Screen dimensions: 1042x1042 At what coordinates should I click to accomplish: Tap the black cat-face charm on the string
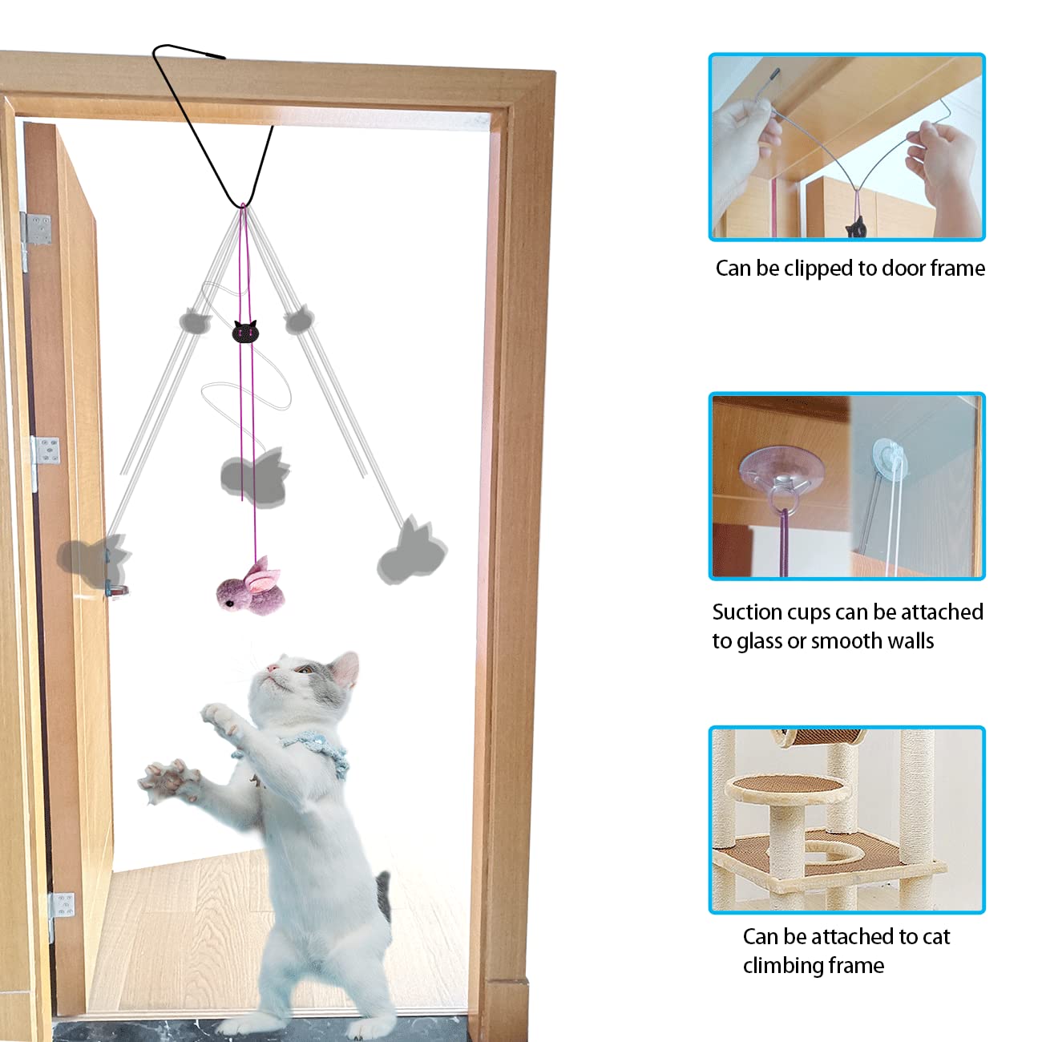(x=245, y=331)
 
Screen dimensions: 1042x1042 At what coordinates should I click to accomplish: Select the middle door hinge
(x=46, y=451)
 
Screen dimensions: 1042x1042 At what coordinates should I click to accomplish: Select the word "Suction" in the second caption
(x=748, y=612)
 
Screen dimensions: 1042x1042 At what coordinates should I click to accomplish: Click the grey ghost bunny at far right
(x=412, y=555)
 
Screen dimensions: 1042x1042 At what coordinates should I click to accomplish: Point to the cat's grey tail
(x=383, y=896)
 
